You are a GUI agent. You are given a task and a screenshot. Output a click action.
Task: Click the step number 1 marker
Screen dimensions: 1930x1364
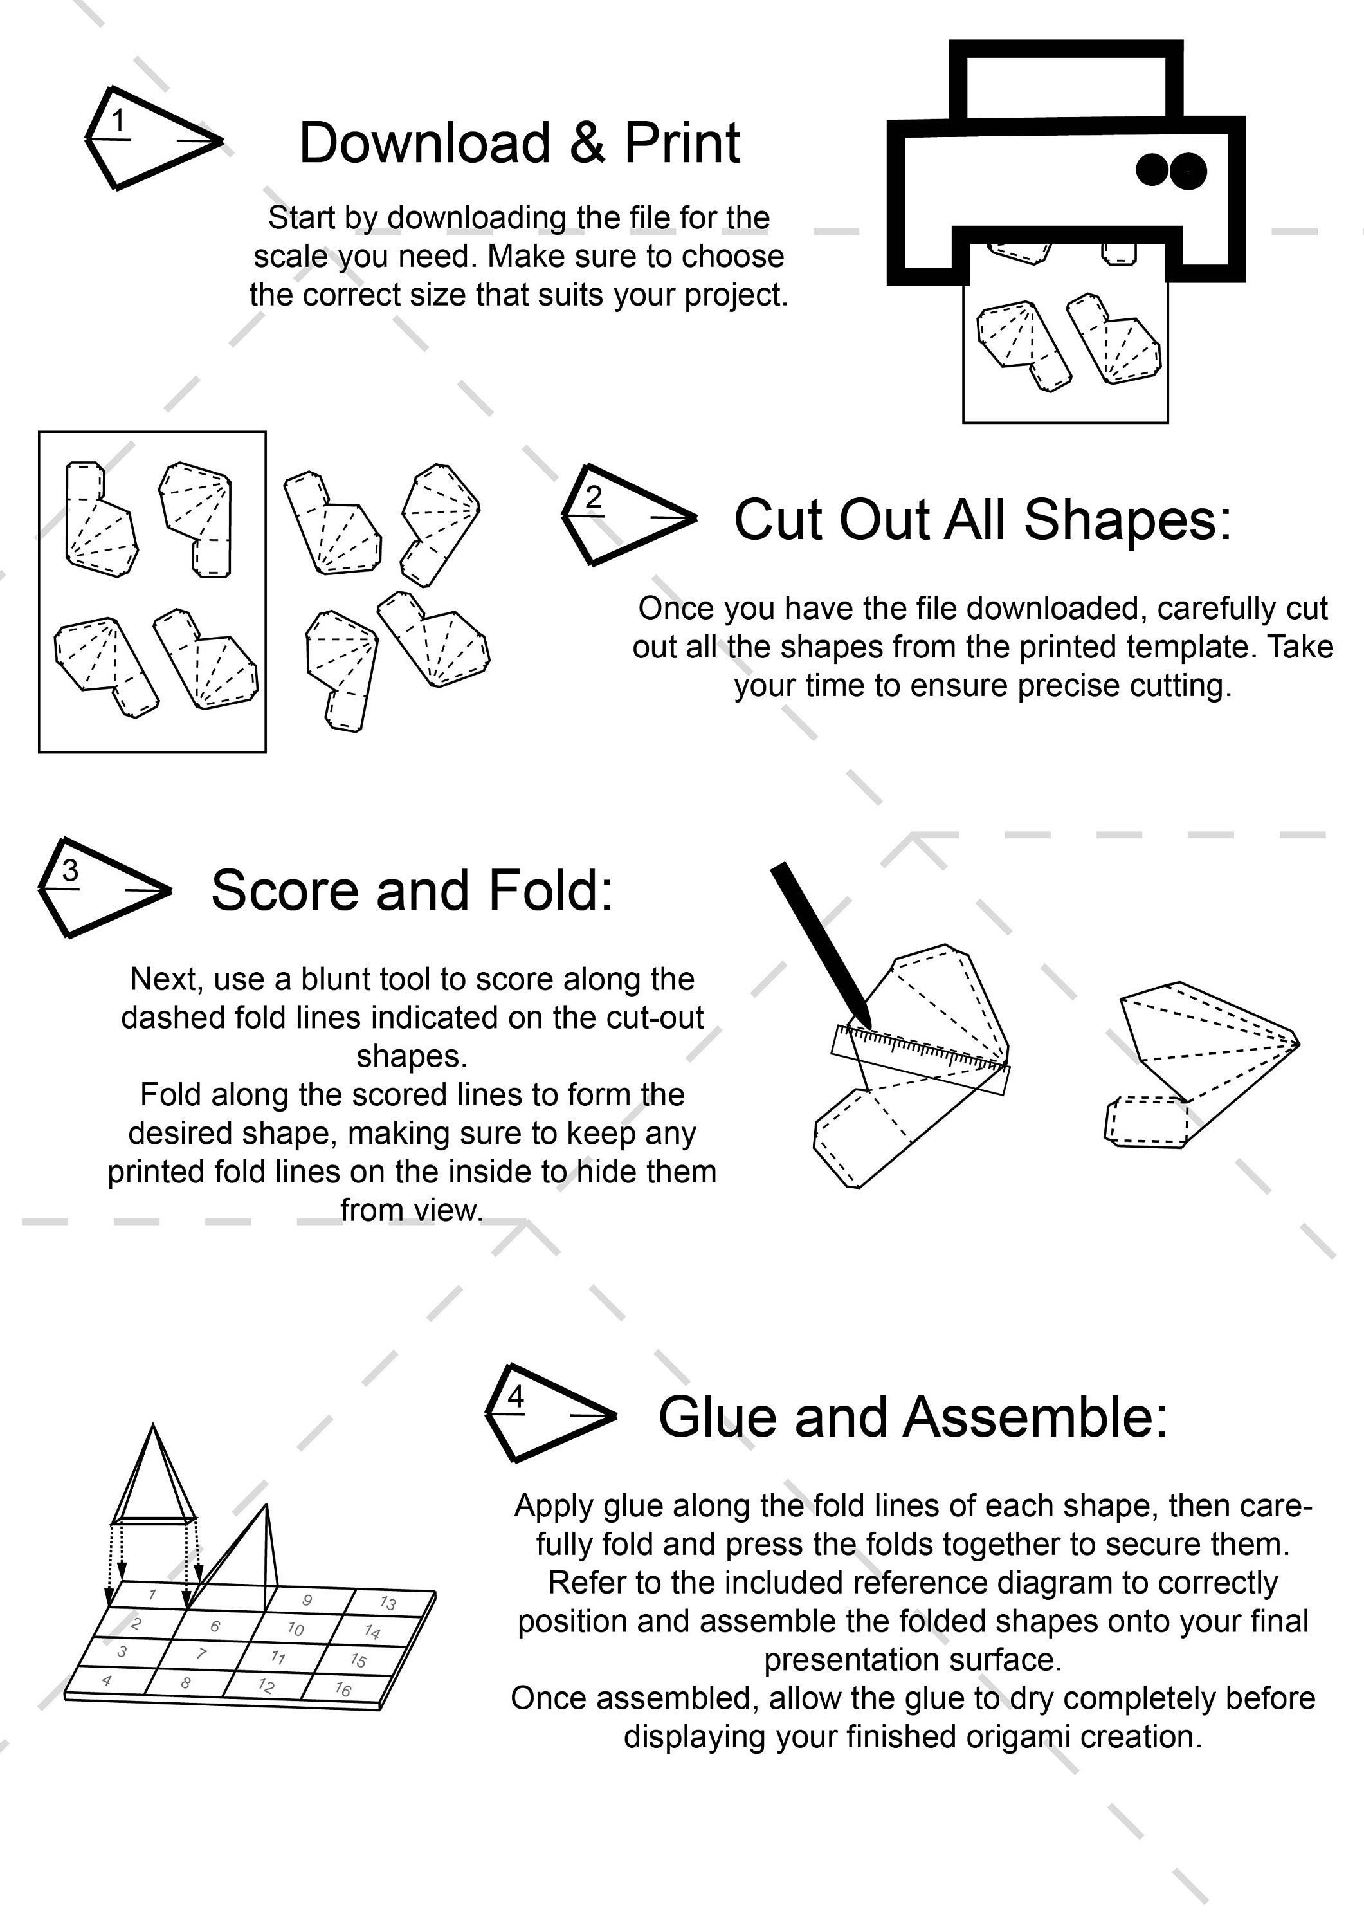click(118, 122)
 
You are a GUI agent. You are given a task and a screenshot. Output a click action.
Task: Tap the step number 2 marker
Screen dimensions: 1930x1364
click(594, 498)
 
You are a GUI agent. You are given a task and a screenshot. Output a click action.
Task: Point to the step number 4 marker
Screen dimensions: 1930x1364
click(516, 1397)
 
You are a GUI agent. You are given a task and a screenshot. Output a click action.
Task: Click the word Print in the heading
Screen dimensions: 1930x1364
click(682, 143)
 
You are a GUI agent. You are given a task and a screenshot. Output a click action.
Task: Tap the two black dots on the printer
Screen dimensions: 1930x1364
click(1170, 170)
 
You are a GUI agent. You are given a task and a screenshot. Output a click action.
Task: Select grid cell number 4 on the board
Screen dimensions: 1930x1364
click(107, 1680)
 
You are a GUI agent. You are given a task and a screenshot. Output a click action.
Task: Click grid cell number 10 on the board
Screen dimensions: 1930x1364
click(295, 1628)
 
